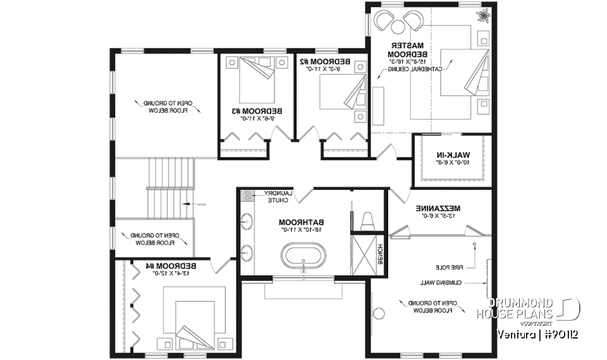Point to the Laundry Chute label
pyautogui.click(x=276, y=196)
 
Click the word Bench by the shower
pyautogui.click(x=380, y=254)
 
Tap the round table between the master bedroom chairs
pyautogui.click(x=398, y=25)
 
